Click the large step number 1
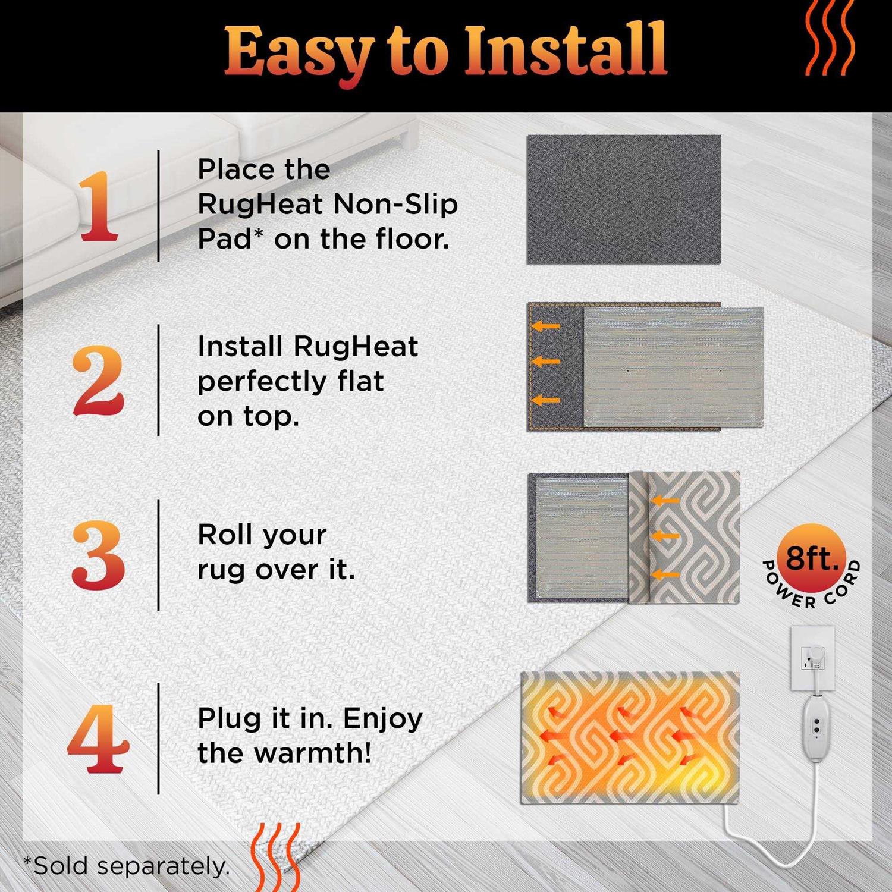click(98, 206)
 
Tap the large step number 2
click(98, 381)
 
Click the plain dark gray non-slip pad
click(624, 199)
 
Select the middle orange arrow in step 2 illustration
click(546, 361)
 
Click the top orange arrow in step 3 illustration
click(665, 501)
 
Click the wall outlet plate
click(812, 657)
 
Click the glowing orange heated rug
click(630, 737)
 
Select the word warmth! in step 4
click(313, 753)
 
